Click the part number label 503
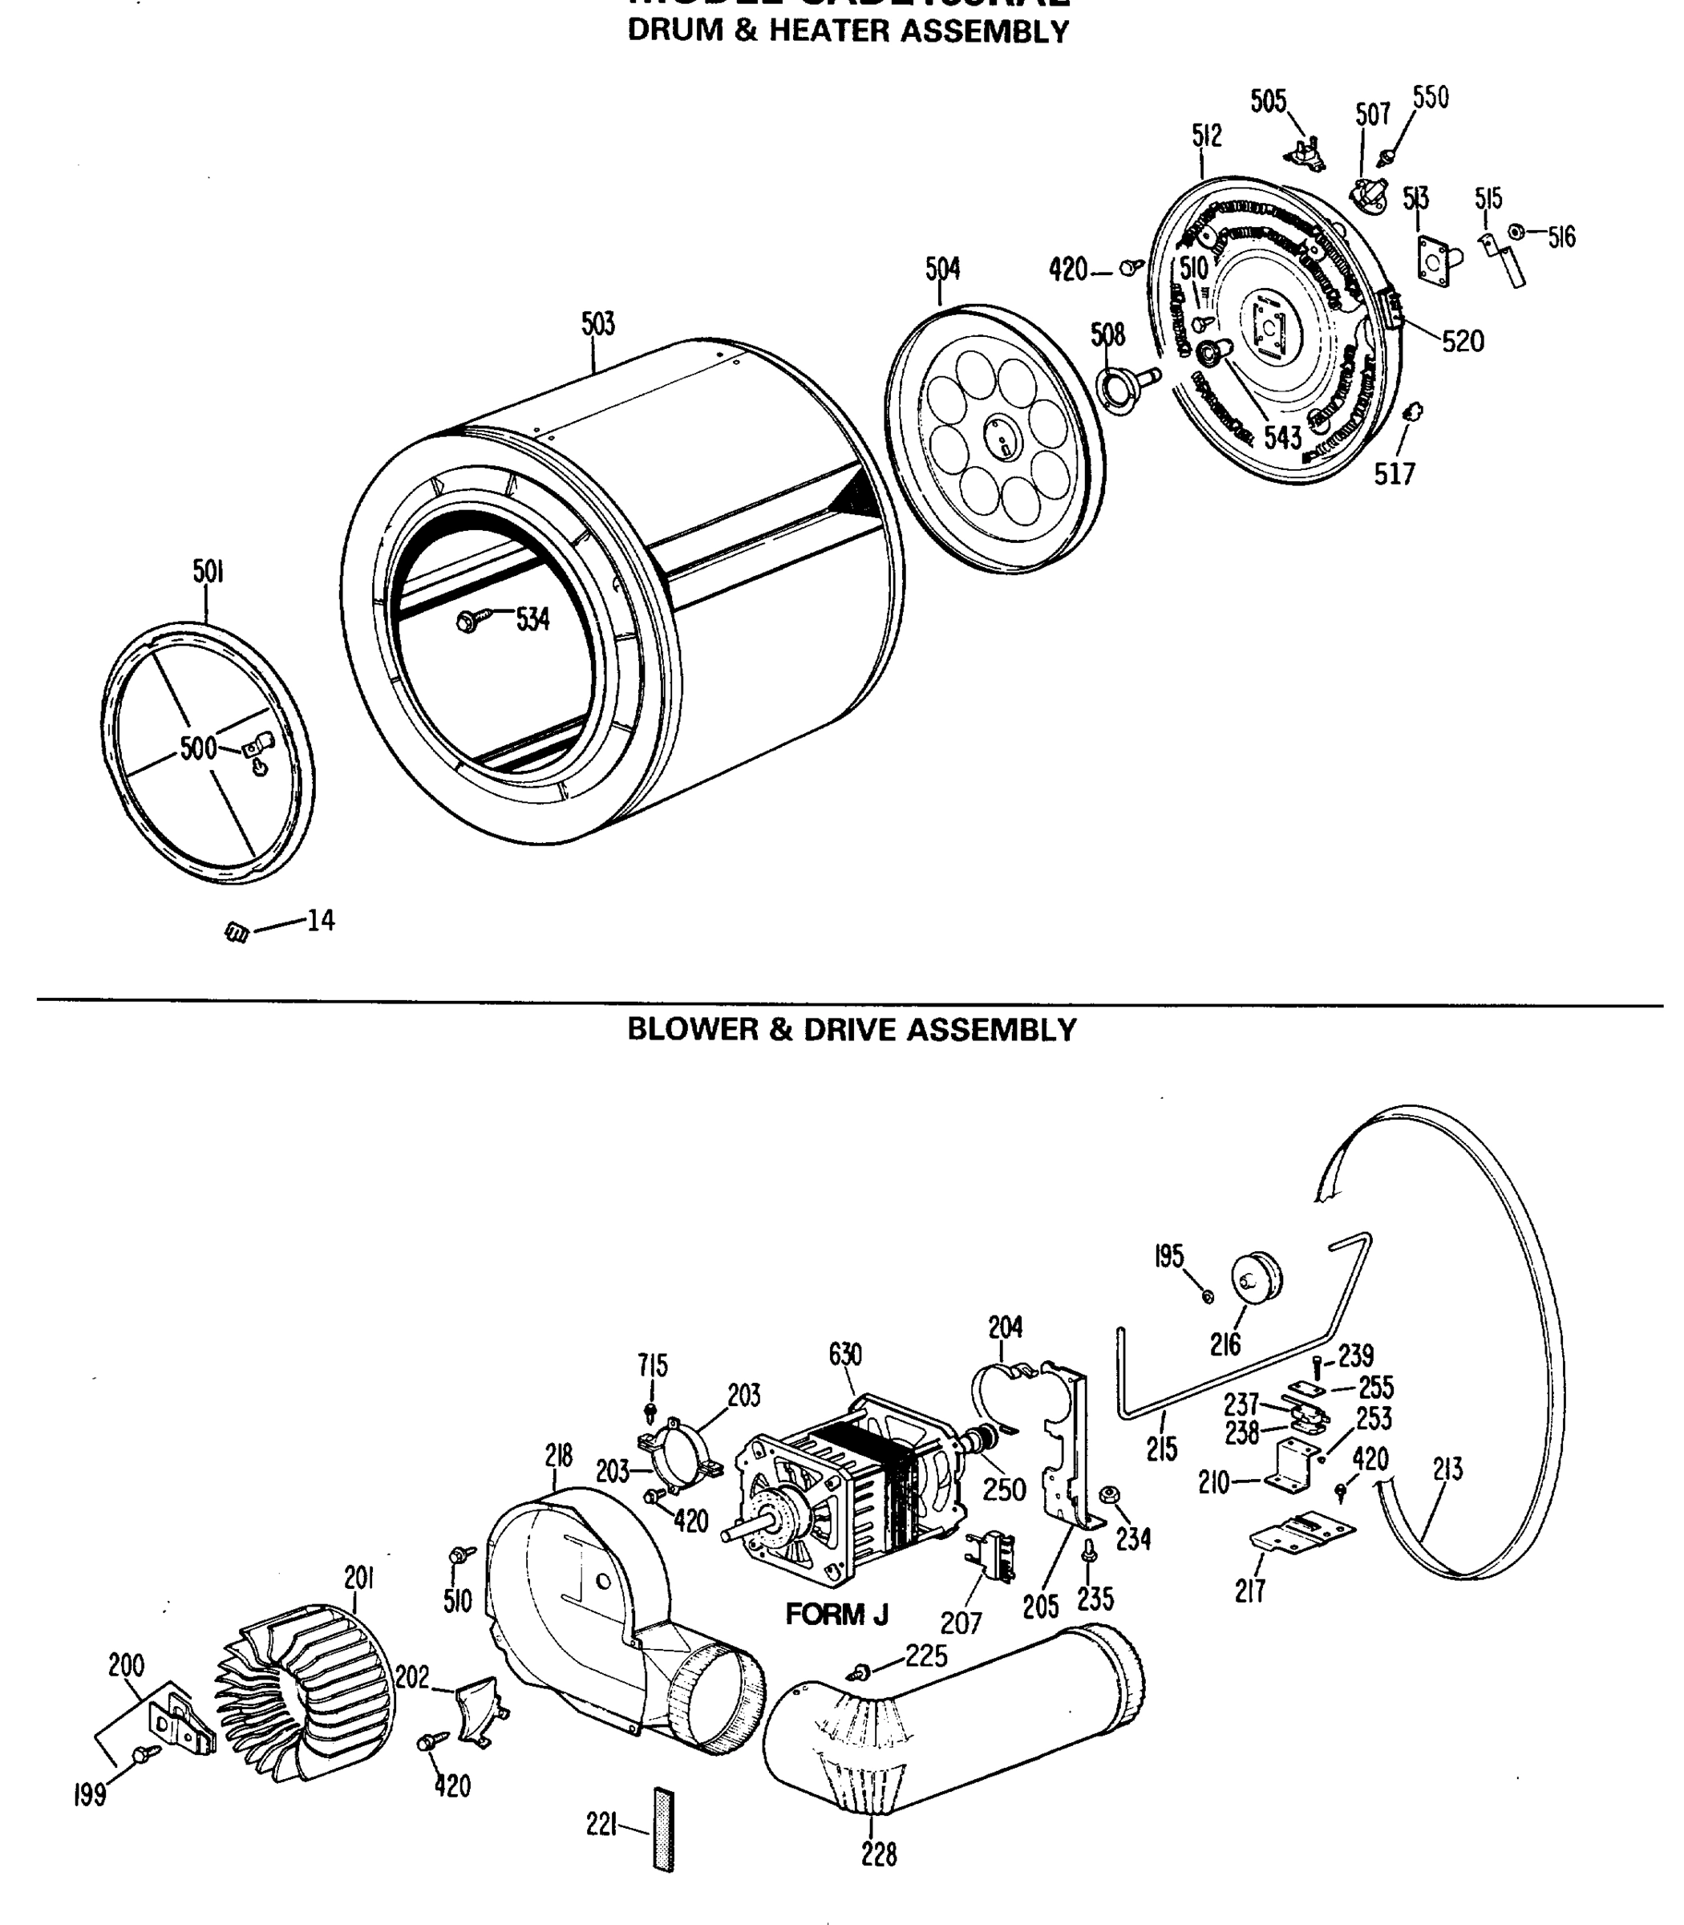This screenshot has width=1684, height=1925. coord(597,324)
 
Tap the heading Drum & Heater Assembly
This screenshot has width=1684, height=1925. coord(848,31)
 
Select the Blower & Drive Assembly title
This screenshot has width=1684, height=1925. coord(852,1029)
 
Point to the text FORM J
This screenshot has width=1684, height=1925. coord(836,1615)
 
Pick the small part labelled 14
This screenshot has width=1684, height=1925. coord(237,931)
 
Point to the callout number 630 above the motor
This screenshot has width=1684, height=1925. coord(845,1355)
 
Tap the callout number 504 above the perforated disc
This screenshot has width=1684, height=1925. coord(942,269)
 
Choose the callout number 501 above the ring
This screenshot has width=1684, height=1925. coord(208,571)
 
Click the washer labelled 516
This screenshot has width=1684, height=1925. coord(1516,231)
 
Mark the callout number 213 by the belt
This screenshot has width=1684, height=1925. coord(1447,1469)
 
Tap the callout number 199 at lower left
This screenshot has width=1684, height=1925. coord(90,1795)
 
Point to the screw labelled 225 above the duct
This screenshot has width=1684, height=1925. coord(860,1672)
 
